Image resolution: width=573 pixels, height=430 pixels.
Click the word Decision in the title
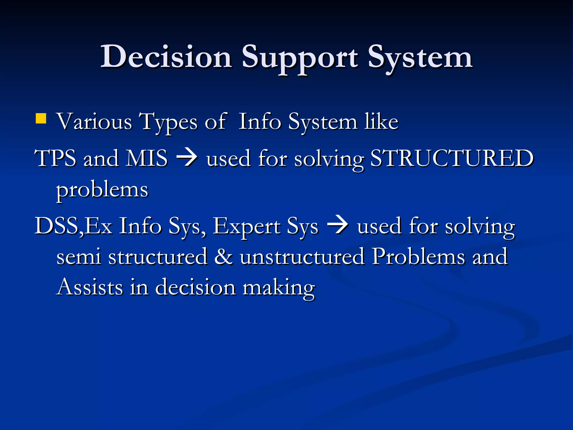coord(166,57)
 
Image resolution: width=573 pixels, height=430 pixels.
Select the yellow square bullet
coord(41,118)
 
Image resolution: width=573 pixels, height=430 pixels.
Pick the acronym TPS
coord(55,158)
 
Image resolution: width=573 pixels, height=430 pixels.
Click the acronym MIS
coord(147,158)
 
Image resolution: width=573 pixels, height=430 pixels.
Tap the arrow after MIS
coord(187,158)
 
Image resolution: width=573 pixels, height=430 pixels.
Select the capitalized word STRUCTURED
coord(452,158)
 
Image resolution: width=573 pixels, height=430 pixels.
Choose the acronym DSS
coord(57,226)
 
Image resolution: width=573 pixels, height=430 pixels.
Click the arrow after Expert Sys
coord(338,225)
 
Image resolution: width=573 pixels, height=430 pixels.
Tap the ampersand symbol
coord(223,256)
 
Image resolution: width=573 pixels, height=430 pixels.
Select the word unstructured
coord(302,256)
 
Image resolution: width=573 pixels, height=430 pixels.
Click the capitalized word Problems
coord(418,256)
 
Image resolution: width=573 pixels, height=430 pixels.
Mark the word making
coord(279,288)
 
